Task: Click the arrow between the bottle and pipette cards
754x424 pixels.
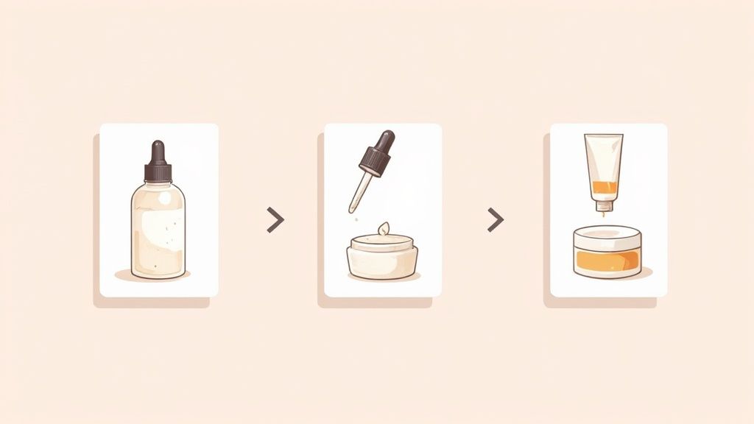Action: tap(275, 219)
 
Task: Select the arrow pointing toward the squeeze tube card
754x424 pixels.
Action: tap(496, 219)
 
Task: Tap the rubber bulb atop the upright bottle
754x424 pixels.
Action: tap(158, 151)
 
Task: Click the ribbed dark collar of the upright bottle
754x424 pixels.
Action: tap(158, 172)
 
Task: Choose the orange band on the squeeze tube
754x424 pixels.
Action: tap(603, 187)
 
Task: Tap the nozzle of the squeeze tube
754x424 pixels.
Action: tap(603, 204)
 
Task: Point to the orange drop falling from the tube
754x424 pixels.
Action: tap(603, 215)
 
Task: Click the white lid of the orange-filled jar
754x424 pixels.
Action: tap(607, 238)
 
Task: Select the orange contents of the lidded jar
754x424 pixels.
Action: tap(607, 260)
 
